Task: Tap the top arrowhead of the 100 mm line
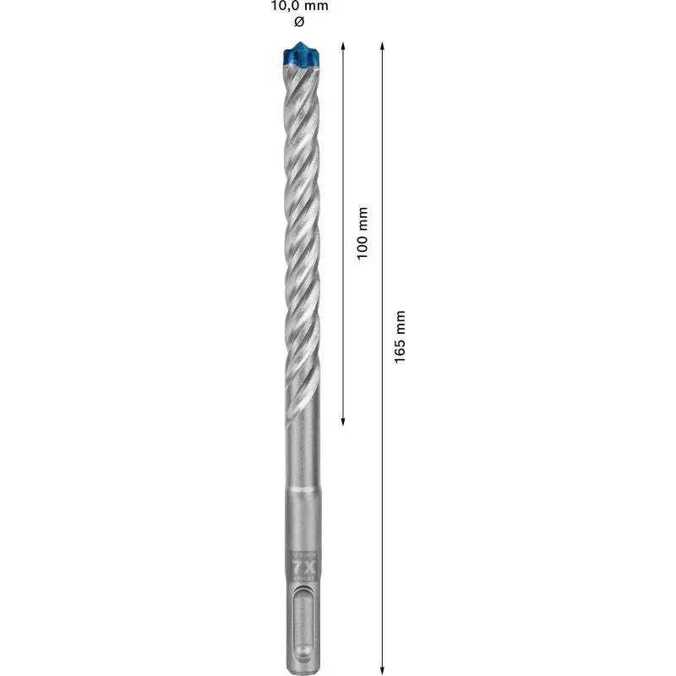[342, 44]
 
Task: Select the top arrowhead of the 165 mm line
[382, 44]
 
